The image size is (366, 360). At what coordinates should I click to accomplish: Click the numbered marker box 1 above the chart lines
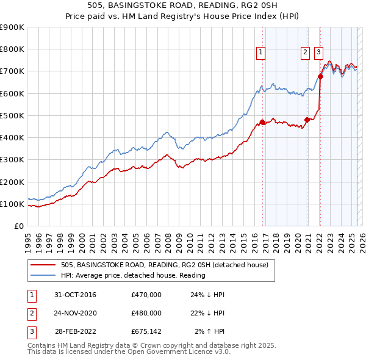pyautogui.click(x=260, y=52)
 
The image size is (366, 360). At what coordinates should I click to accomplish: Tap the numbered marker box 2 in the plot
pyautogui.click(x=304, y=52)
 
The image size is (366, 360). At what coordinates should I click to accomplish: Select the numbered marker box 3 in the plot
pyautogui.click(x=318, y=52)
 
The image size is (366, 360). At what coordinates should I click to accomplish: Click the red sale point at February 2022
pyautogui.click(x=320, y=77)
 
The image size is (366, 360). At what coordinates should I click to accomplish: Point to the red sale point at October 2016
pyautogui.click(x=262, y=122)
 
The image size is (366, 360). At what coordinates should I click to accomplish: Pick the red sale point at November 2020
pyautogui.click(x=307, y=120)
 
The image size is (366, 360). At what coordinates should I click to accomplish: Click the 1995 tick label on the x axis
pyautogui.click(x=28, y=239)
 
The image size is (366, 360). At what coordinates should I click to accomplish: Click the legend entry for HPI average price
pyautogui.click(x=132, y=275)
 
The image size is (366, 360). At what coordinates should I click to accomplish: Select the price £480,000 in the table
pyautogui.click(x=146, y=313)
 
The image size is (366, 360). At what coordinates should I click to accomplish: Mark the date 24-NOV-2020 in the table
pyautogui.click(x=75, y=313)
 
